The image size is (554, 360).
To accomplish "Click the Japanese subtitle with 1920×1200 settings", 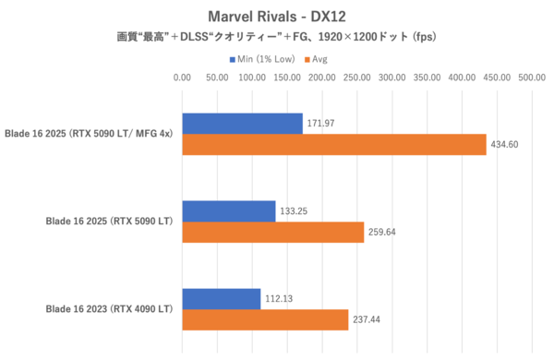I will tap(276, 39).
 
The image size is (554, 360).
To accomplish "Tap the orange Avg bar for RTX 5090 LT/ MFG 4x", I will tap(334, 145).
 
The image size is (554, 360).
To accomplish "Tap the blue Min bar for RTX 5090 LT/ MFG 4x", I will tap(242, 123).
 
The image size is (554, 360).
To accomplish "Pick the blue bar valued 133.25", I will tap(229, 210).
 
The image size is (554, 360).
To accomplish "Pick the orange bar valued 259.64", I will tap(273, 233).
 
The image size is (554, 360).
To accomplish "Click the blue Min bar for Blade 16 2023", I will tap(222, 298).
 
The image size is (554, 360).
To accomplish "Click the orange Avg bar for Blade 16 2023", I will tap(265, 320).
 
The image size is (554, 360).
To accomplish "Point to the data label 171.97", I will tap(322, 123).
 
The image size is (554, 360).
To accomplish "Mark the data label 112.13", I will tap(281, 298).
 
